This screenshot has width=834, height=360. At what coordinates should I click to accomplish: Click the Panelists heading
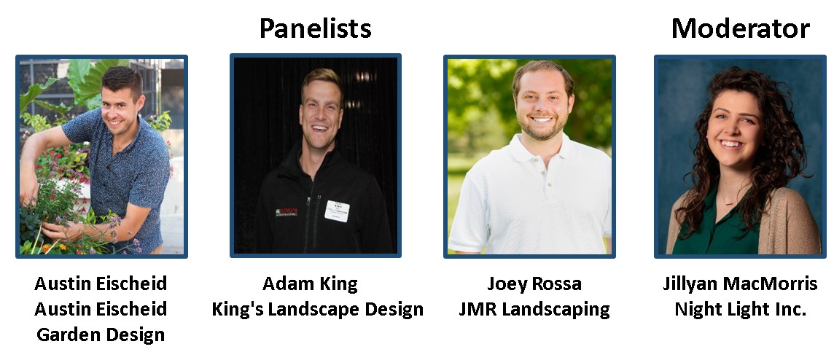click(315, 28)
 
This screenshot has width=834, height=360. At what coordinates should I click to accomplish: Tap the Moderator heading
click(741, 28)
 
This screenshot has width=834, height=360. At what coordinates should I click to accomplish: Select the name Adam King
click(310, 283)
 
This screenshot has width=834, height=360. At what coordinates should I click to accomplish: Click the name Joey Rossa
click(534, 284)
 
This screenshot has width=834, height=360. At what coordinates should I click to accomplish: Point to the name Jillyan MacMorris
click(740, 284)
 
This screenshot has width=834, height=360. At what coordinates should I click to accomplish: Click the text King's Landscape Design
click(318, 310)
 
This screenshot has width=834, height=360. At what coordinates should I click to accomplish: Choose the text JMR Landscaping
click(534, 310)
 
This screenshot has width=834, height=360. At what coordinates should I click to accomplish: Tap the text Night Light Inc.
click(741, 310)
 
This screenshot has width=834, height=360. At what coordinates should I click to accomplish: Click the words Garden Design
click(101, 335)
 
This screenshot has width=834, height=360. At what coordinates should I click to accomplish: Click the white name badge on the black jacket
click(337, 211)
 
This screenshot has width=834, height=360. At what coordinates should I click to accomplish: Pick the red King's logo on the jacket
click(287, 212)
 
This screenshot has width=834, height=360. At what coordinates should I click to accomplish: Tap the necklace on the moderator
click(729, 201)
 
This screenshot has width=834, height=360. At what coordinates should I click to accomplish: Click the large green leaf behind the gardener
click(87, 79)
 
